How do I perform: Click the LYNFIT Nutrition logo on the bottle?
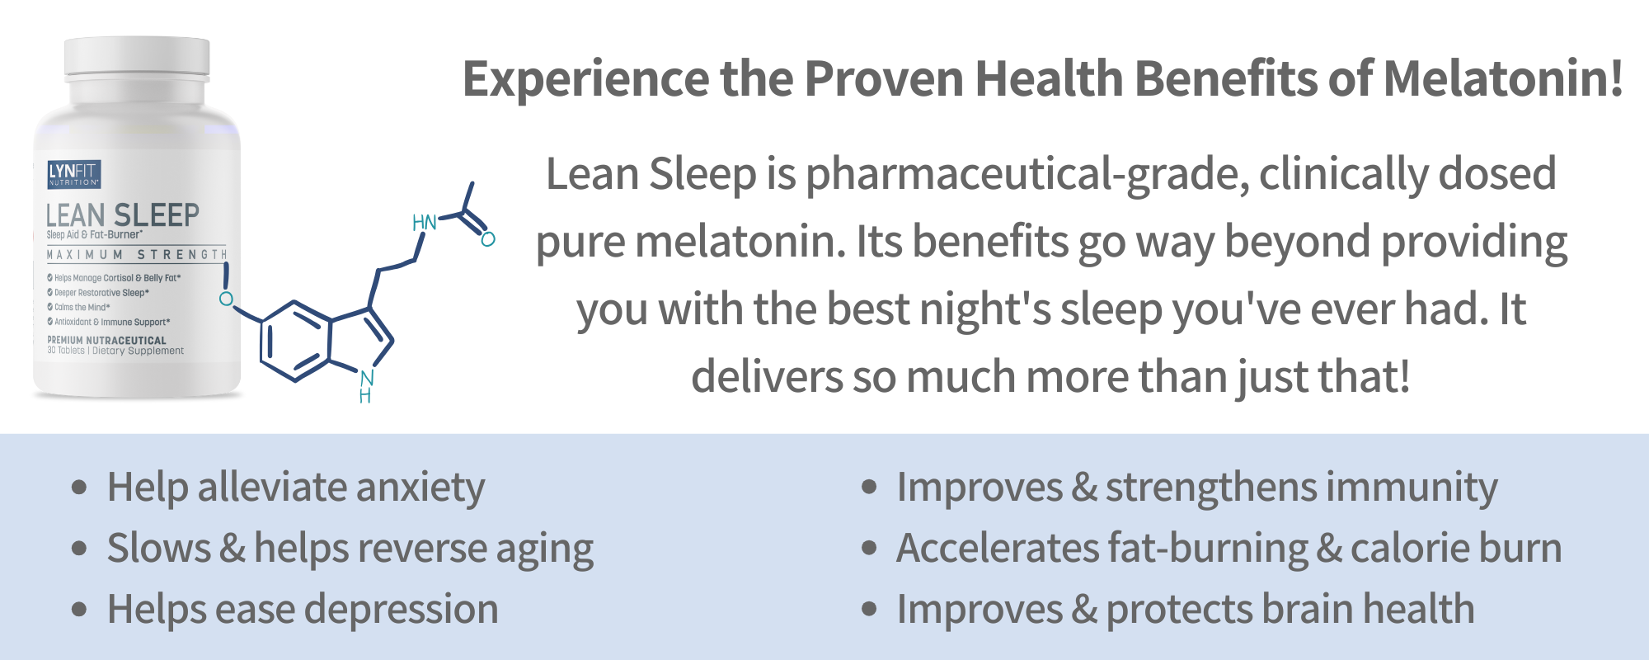[74, 173]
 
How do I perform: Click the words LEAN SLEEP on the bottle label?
[123, 215]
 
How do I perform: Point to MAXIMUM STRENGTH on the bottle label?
[137, 255]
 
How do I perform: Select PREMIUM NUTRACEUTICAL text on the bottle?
[107, 340]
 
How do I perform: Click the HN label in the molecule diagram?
[425, 223]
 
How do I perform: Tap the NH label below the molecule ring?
[366, 387]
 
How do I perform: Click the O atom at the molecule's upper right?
[488, 239]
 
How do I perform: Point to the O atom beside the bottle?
[226, 299]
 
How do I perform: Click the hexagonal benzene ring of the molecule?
[295, 342]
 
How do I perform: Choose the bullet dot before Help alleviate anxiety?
[79, 487]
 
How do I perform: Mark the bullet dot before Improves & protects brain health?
[869, 610]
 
